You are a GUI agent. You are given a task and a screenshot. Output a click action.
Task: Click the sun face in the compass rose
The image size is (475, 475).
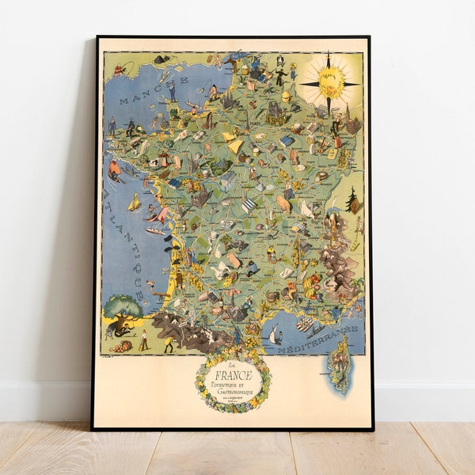tap(331, 82)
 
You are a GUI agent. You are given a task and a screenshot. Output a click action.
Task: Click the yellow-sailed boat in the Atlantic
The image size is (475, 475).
tap(135, 203)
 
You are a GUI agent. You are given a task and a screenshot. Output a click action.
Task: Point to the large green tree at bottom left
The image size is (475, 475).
tap(122, 306)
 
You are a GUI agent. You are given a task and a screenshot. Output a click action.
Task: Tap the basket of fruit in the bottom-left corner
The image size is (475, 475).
tap(120, 347)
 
